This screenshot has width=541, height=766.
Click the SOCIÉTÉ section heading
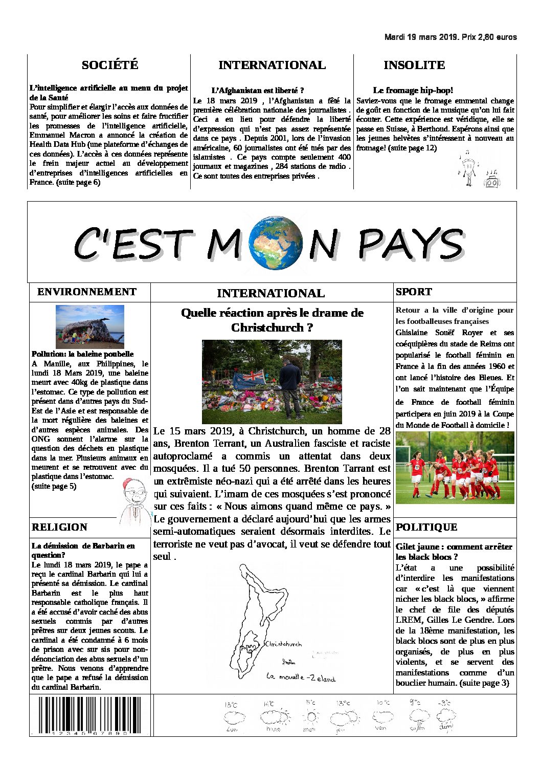(110, 65)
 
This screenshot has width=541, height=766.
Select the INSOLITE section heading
(414, 65)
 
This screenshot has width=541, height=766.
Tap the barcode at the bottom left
(88, 716)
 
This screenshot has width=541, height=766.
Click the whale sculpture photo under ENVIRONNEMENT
(90, 326)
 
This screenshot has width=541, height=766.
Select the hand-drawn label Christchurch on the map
(284, 644)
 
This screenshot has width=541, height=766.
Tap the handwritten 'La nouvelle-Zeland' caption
(301, 677)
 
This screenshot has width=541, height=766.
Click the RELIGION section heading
(59, 527)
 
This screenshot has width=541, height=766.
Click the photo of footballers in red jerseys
(455, 467)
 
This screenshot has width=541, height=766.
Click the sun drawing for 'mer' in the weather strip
(310, 716)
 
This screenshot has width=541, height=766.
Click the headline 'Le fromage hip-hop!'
(413, 91)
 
